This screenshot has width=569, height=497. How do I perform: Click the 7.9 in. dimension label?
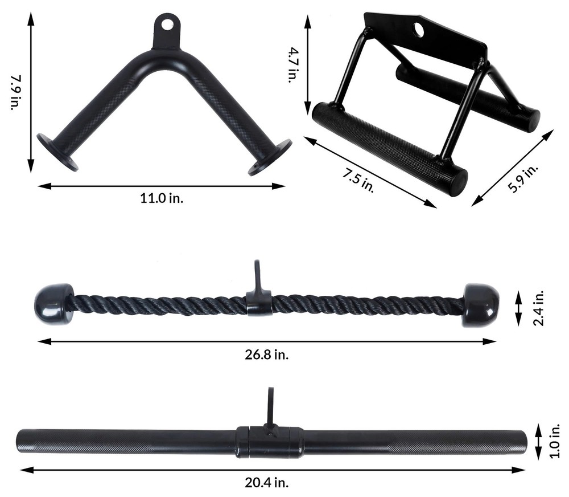click(15, 93)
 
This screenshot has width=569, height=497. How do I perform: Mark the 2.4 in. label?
click(539, 308)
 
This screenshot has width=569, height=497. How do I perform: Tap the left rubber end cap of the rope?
click(54, 304)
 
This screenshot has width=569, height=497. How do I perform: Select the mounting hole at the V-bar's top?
click(167, 25)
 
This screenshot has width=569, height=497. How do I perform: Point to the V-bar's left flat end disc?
click(57, 152)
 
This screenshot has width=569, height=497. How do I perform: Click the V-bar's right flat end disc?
click(270, 156)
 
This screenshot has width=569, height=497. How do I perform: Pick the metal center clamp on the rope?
click(259, 302)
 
